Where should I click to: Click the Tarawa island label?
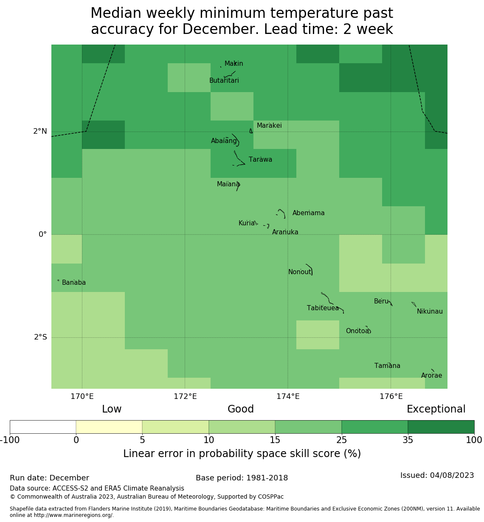[260, 160]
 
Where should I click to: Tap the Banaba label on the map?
[74, 283]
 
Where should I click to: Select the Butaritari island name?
[224, 81]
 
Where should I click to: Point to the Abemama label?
[308, 213]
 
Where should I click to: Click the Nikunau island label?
[430, 312]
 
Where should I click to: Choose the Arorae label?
[431, 376]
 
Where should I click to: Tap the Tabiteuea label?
[323, 308]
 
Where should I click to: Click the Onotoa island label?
[357, 331]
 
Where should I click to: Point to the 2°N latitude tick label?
[40, 132]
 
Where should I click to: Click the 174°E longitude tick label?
[288, 397]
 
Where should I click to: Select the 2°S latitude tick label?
[40, 337]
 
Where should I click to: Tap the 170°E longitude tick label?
[82, 397]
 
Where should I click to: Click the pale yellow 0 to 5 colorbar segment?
[109, 427]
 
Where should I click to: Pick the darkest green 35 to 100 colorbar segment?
[441, 427]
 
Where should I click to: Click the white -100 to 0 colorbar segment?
[43, 427]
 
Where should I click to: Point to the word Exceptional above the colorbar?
[436, 409]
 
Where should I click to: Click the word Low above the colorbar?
[112, 409]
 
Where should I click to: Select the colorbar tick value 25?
[341, 440]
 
